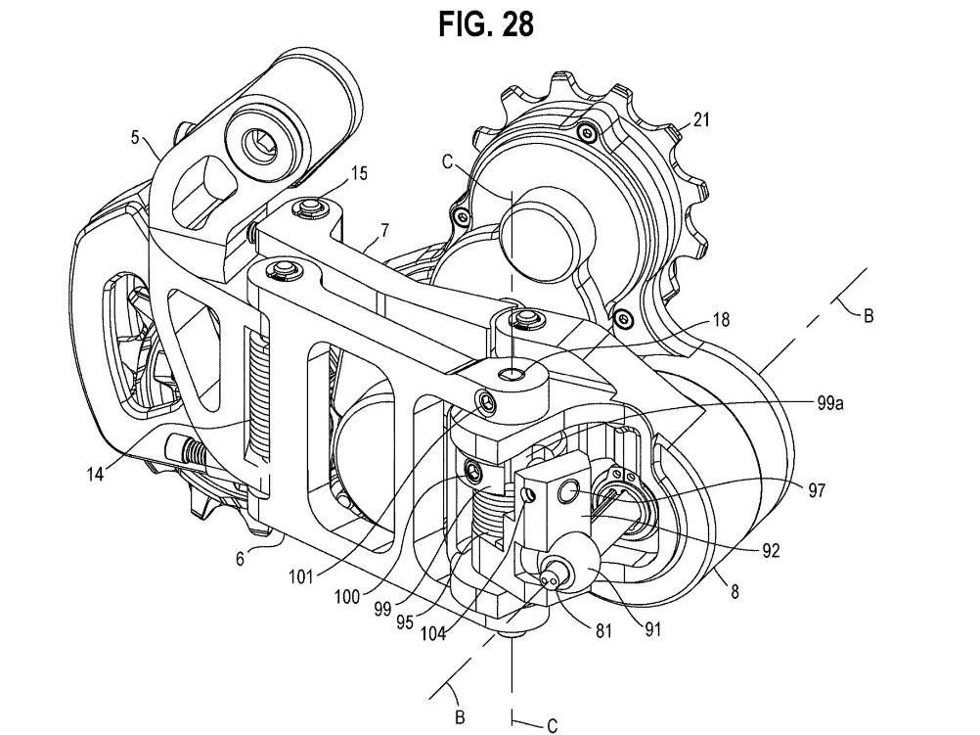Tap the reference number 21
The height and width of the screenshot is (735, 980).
tap(702, 120)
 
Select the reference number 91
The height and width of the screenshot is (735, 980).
tap(652, 630)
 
